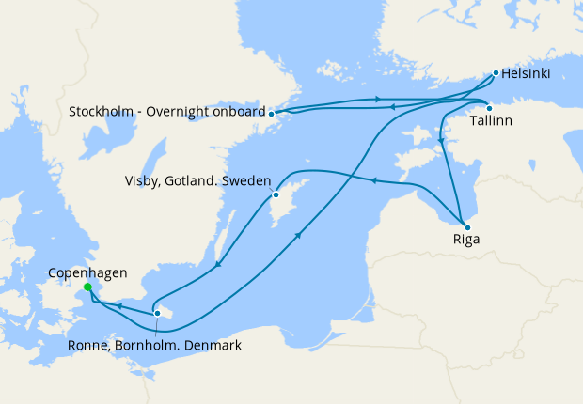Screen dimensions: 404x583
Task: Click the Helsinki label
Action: tap(526, 73)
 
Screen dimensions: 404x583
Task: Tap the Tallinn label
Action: tap(491, 122)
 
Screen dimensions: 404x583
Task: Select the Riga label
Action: tap(465, 240)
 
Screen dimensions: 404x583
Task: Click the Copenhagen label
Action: tap(87, 272)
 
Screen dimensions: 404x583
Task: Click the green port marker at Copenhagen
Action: tap(87, 287)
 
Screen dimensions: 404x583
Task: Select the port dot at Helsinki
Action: tap(496, 71)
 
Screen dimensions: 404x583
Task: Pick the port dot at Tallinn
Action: tap(489, 107)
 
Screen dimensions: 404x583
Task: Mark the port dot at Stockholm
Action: tap(272, 113)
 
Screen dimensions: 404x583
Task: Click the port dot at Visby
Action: tap(276, 195)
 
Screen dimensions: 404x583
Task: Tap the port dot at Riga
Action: tap(465, 225)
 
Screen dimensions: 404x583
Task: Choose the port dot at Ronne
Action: tap(157, 313)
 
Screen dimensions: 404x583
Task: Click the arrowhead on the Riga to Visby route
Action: tap(373, 180)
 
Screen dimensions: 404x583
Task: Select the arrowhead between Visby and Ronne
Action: tap(218, 264)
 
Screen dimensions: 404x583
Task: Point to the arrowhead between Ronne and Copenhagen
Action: tap(119, 305)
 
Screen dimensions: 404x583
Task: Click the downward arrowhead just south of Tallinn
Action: tap(440, 141)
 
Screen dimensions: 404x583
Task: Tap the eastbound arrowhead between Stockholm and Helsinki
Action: tap(377, 99)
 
